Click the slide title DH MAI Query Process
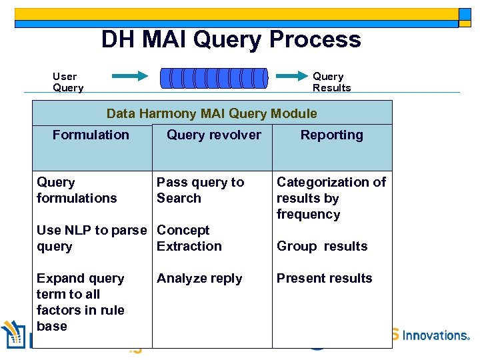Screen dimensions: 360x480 click(x=231, y=40)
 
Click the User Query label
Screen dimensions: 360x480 click(x=67, y=82)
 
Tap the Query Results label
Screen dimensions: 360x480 click(x=331, y=82)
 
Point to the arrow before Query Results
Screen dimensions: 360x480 click(x=290, y=77)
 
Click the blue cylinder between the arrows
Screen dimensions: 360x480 click(x=213, y=77)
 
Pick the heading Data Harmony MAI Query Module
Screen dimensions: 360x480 click(x=211, y=113)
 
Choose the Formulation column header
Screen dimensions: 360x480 click(x=91, y=135)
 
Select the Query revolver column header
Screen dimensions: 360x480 click(x=213, y=135)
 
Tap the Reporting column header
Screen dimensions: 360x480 click(x=331, y=135)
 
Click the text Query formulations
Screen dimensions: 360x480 click(x=76, y=190)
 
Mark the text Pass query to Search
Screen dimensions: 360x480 click(x=200, y=190)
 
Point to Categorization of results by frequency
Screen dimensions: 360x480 click(x=331, y=198)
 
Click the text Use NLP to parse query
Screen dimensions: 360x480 click(x=91, y=238)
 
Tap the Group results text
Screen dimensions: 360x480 click(x=322, y=246)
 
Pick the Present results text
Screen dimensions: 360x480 click(x=324, y=278)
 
